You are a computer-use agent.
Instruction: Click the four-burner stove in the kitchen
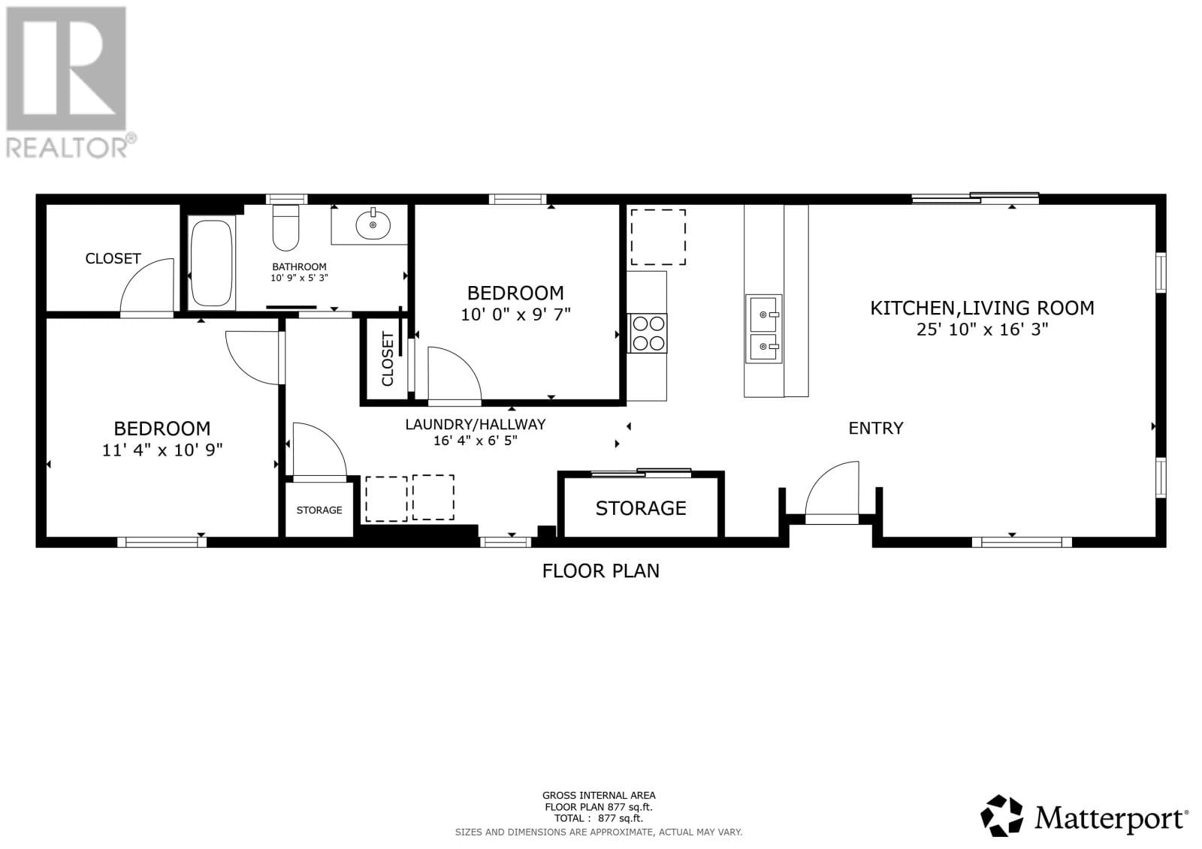tap(648, 333)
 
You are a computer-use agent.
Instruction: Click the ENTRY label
tap(875, 428)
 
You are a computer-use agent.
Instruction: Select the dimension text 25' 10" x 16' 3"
tap(982, 329)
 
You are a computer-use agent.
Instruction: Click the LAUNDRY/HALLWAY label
tap(475, 424)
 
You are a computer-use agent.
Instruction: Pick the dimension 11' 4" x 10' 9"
tap(162, 450)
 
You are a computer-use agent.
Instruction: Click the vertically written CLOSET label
tap(388, 359)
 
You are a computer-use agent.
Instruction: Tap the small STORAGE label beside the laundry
tap(319, 510)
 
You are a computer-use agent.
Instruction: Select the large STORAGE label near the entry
tap(641, 508)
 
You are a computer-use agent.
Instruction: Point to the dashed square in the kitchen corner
tap(657, 236)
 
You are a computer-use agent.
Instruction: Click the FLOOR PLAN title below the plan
tap(600, 571)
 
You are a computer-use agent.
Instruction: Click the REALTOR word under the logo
tap(68, 146)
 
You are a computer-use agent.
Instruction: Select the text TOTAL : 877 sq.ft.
tap(599, 818)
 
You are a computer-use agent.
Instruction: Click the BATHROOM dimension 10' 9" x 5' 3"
tap(299, 278)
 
